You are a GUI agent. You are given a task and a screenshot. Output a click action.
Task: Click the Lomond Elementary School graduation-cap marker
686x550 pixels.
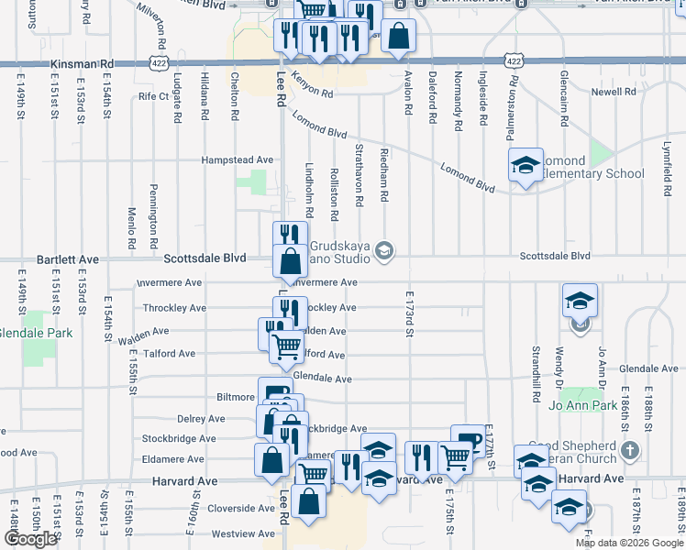525,166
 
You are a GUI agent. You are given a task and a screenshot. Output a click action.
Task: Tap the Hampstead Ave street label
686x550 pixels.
238,159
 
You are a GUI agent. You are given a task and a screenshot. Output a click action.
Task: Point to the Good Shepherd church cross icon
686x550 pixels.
628,450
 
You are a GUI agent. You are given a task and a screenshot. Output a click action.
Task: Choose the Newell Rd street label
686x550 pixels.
614,93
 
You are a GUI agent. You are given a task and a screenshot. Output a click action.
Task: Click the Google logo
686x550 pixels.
30,539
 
